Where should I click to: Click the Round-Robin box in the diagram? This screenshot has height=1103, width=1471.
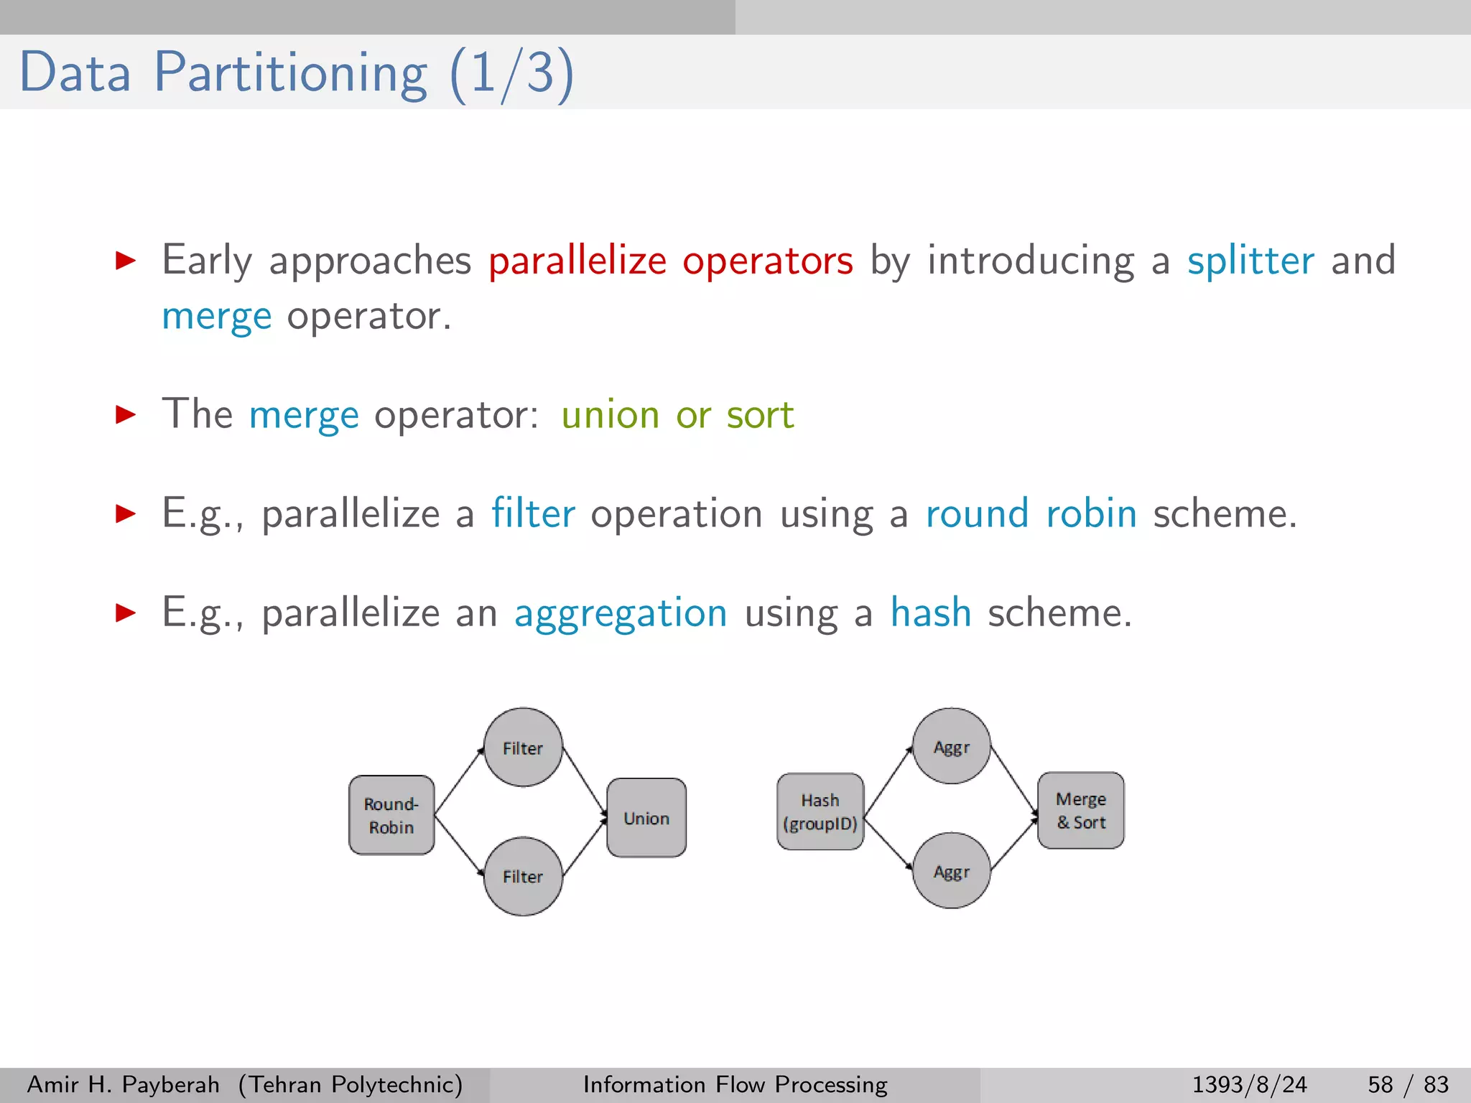(x=391, y=815)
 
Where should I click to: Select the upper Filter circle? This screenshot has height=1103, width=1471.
(x=523, y=748)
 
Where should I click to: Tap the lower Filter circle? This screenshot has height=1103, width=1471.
(x=523, y=876)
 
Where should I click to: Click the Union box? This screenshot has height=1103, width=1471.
(x=646, y=818)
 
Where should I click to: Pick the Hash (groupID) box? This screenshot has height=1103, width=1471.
(x=820, y=811)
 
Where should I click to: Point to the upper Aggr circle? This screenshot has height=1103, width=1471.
(x=952, y=747)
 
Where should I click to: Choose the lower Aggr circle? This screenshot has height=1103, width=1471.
(x=952, y=871)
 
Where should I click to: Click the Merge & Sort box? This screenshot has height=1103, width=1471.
(x=1081, y=811)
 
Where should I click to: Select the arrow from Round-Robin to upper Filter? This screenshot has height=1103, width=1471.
(x=460, y=781)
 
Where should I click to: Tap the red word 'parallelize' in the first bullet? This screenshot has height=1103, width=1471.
(x=577, y=260)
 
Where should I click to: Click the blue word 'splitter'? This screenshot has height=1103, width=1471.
(x=1250, y=260)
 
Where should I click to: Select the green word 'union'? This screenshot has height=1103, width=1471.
(x=610, y=415)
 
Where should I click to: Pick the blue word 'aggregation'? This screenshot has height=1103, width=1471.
(x=621, y=613)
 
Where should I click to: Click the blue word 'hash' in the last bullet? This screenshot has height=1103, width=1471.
(x=931, y=613)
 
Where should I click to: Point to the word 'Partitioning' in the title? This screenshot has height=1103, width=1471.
(x=291, y=73)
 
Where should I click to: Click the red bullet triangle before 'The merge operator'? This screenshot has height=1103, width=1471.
(x=126, y=414)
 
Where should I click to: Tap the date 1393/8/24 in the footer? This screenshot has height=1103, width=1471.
(x=1249, y=1084)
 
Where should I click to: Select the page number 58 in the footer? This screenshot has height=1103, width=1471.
(x=1380, y=1084)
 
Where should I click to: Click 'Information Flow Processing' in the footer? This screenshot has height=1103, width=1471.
(x=735, y=1084)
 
